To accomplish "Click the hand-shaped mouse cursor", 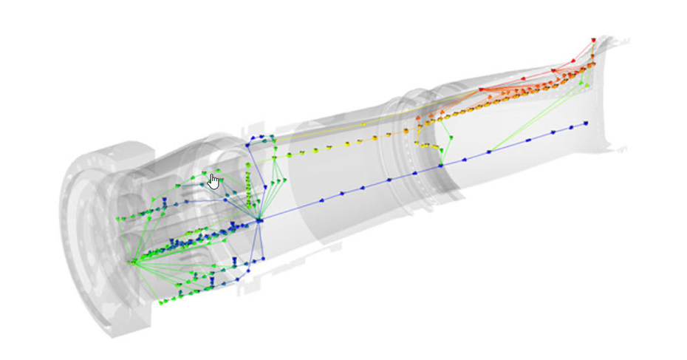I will pyautogui.click(x=213, y=181).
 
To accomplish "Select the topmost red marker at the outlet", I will pyautogui.click(x=593, y=40).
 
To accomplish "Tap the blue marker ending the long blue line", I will pyautogui.click(x=586, y=123).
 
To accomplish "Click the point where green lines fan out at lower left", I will pyautogui.click(x=132, y=262).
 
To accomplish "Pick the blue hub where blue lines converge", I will pyautogui.click(x=260, y=219).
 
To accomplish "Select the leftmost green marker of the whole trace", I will pyautogui.click(x=118, y=220).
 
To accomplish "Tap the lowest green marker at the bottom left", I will pyautogui.click(x=161, y=303).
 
